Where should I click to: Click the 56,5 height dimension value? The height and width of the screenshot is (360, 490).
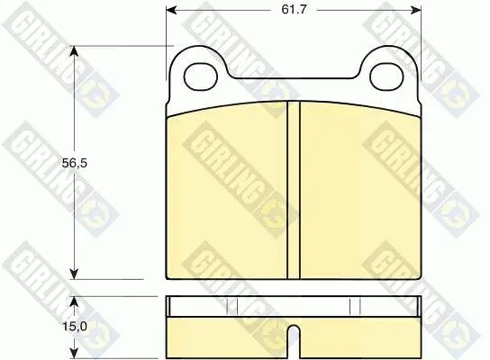75,163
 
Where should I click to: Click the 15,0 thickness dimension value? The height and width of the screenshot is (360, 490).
75,327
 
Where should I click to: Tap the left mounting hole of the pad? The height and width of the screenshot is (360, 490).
201,76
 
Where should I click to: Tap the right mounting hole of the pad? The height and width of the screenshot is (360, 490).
386,76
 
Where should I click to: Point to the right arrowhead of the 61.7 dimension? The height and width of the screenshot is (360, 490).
415,10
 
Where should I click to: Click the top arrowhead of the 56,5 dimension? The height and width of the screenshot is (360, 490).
74,52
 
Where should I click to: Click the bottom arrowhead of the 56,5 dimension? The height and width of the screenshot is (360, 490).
74,274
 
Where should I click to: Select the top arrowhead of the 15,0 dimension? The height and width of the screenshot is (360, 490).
74,302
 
